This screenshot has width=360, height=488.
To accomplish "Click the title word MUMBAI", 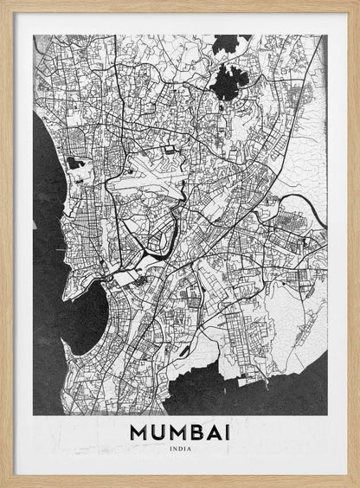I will point(180,432).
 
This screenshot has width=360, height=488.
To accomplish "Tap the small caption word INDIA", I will point(180,448).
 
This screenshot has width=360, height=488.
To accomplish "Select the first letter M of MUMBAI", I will point(138,432).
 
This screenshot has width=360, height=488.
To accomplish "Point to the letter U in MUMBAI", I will point(157,432).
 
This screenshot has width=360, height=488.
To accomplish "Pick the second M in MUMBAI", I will point(177,432).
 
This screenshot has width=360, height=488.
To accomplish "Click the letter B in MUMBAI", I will point(196,432).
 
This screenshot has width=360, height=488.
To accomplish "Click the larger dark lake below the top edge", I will point(229,81).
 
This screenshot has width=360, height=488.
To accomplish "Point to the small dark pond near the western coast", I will point(74,163).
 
